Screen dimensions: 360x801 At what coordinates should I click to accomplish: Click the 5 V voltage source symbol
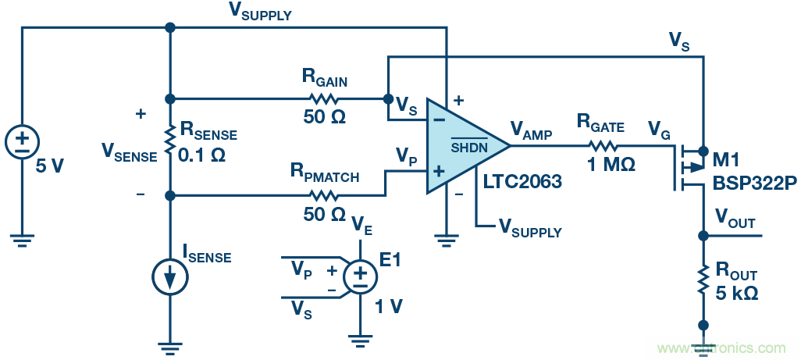pyautogui.click(x=22, y=141)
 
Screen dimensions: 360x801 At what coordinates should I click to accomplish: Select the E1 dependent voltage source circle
pyautogui.click(x=358, y=276)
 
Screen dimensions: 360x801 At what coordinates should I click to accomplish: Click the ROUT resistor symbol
pyautogui.click(x=703, y=280)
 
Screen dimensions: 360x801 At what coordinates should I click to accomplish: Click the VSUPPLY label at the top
pyautogui.click(x=260, y=12)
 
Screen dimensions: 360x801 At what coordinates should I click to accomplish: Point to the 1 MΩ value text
pyautogui.click(x=607, y=166)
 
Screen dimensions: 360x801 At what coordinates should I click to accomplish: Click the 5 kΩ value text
pyautogui.click(x=737, y=294)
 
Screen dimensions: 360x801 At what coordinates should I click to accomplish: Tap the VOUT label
pyautogui.click(x=735, y=222)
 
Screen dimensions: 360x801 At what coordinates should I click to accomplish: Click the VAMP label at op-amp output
pyautogui.click(x=531, y=130)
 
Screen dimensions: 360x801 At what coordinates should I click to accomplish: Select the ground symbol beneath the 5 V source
pyautogui.click(x=22, y=241)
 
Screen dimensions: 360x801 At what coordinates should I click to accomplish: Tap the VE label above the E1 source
pyautogui.click(x=360, y=226)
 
